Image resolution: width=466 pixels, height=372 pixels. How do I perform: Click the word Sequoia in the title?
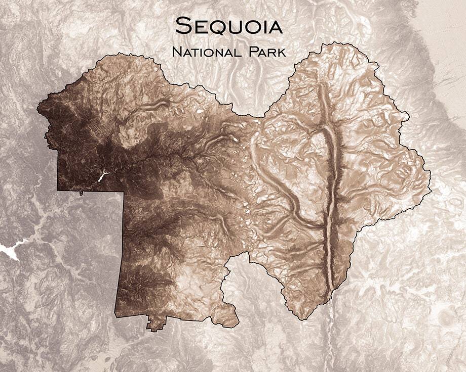[228, 25]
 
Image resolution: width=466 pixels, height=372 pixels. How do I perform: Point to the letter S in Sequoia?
[180, 25]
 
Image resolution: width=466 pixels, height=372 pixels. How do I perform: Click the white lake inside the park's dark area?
[103, 176]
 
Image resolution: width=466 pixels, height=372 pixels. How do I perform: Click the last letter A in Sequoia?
[274, 25]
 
